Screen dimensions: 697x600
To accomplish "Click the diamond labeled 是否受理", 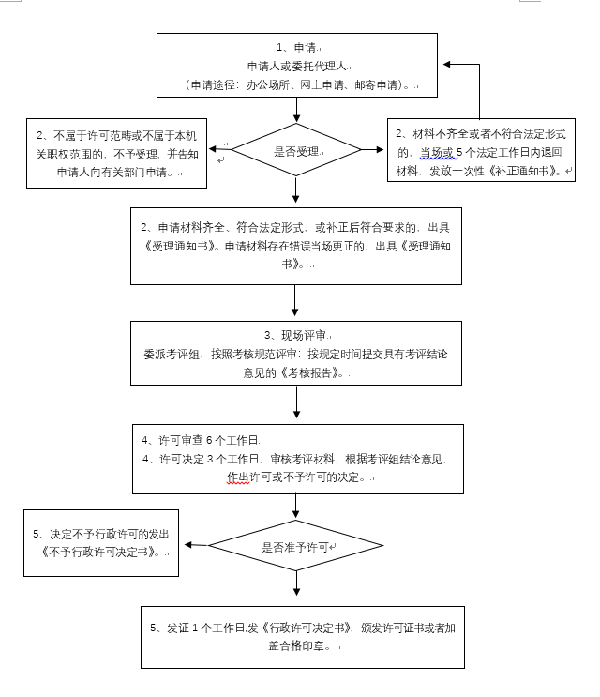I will click(295, 149).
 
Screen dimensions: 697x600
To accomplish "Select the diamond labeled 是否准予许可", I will click(295, 545).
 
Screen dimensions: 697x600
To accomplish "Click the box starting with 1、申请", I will click(296, 67).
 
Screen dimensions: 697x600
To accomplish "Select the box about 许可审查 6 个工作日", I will click(296, 458).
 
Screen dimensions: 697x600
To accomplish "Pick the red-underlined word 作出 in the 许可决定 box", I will click(238, 477).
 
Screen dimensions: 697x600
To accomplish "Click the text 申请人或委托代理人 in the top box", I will click(296, 67).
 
